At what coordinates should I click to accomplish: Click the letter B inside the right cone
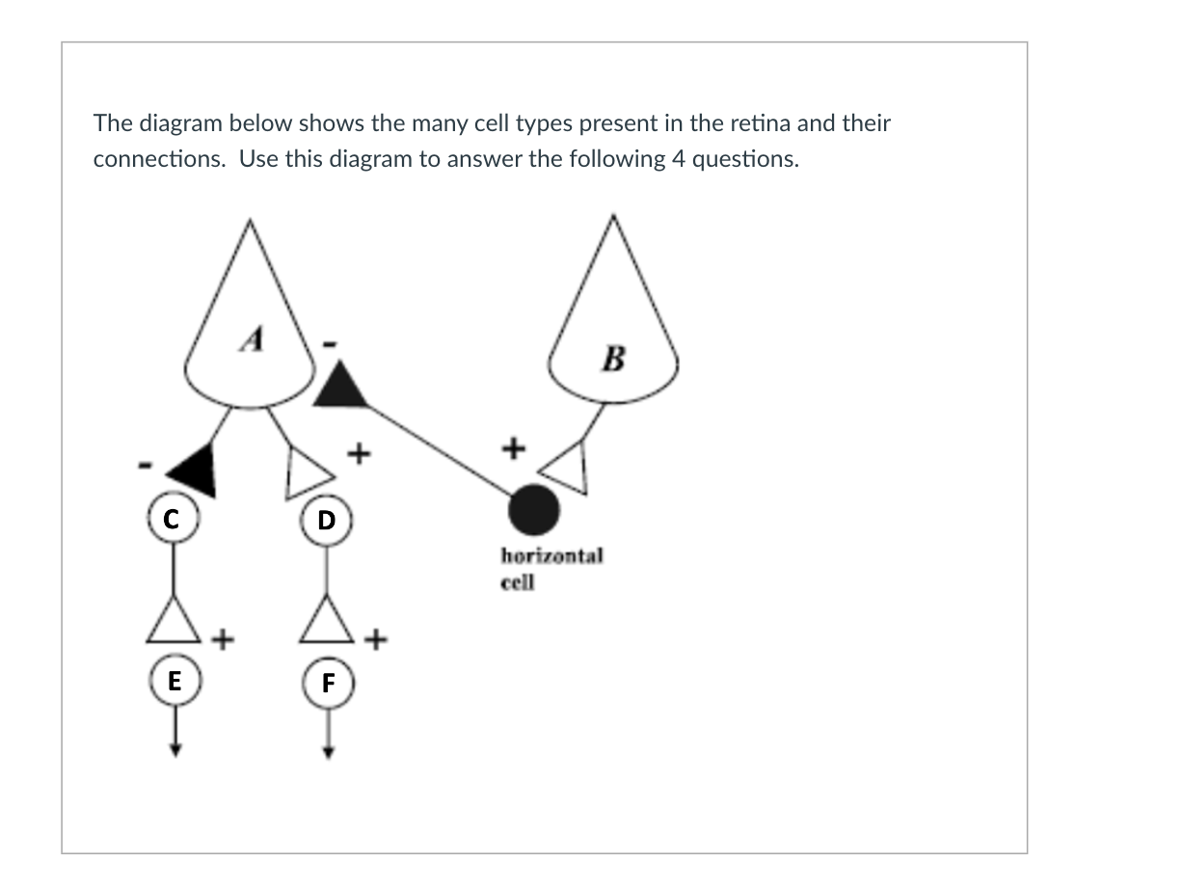click(x=612, y=360)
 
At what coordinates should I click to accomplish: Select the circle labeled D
click(x=327, y=521)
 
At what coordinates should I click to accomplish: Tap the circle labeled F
click(x=328, y=684)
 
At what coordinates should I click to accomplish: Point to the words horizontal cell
click(x=551, y=568)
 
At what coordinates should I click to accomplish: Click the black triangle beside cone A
click(x=341, y=387)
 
